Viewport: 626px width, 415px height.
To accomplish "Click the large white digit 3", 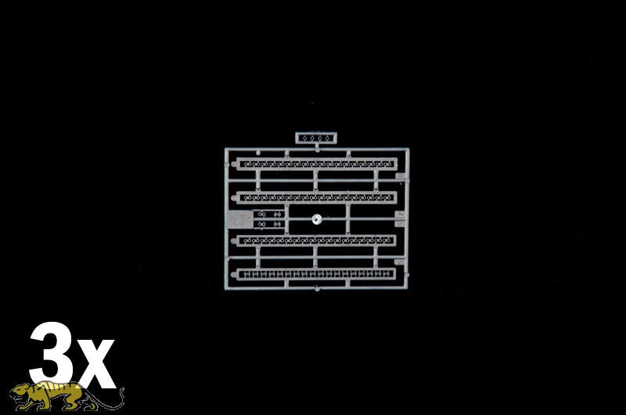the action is [50, 353].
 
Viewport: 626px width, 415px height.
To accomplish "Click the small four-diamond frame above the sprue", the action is [316, 138].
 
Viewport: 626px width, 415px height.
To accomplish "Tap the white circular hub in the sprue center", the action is [317, 218].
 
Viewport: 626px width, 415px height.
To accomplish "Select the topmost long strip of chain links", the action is [317, 164].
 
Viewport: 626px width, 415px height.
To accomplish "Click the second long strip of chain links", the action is [317, 197].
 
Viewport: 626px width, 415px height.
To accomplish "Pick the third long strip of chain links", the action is [316, 240].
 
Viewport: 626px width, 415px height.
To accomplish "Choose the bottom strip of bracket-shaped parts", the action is [316, 274].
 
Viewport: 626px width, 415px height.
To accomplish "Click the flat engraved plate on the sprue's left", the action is [239, 219].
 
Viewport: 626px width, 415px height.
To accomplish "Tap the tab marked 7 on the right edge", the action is [401, 215].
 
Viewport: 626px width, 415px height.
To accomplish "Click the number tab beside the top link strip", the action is [401, 175].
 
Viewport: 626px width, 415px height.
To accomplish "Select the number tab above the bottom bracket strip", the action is [399, 262].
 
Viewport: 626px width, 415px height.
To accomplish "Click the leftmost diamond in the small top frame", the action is [304, 138].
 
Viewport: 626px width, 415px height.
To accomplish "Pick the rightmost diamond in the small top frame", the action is [327, 138].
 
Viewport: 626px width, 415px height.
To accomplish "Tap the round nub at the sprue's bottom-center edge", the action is [317, 288].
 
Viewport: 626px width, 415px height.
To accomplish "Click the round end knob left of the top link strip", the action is [233, 164].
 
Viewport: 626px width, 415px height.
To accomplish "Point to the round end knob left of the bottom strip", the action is [233, 274].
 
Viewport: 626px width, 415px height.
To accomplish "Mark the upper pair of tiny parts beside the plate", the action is [269, 215].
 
